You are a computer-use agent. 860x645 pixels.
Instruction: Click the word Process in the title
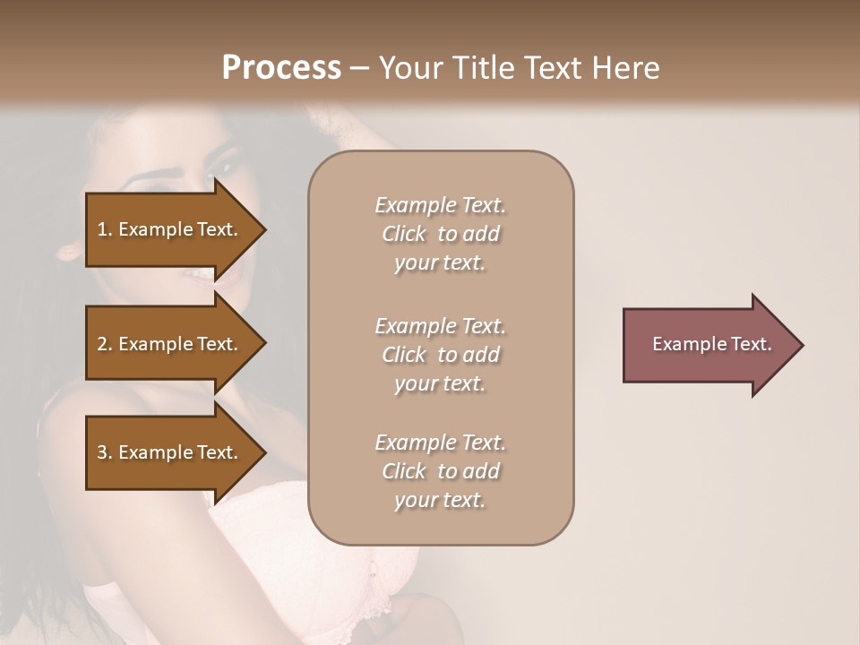(281, 68)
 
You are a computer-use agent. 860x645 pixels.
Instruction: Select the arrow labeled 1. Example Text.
(170, 229)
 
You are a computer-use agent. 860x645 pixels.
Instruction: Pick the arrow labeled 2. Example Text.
(170, 344)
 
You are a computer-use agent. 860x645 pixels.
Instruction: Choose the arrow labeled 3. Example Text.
(170, 452)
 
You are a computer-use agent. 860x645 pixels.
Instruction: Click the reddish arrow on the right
(708, 344)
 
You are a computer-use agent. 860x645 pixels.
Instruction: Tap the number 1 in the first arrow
(102, 229)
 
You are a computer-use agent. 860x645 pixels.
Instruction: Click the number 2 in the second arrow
(102, 344)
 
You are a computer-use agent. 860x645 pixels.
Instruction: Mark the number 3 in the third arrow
(102, 452)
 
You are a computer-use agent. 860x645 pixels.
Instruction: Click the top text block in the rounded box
(440, 234)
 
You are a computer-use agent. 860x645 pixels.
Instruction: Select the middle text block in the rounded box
(440, 354)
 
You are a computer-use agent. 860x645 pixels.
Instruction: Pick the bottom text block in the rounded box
(440, 471)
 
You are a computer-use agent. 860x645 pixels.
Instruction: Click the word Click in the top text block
(404, 234)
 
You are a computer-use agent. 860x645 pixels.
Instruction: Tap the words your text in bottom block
(440, 500)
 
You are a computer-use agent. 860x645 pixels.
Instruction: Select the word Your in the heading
(408, 68)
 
